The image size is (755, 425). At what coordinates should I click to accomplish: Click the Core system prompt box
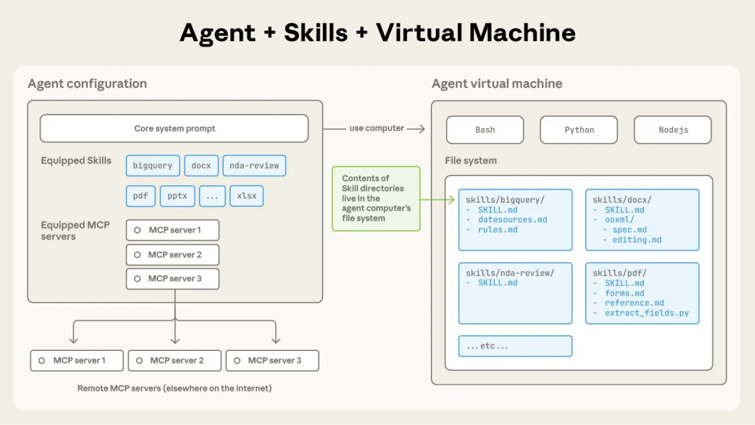(x=174, y=129)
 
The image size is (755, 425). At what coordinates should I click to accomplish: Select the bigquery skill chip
(x=152, y=166)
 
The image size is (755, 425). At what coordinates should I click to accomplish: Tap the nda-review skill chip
(x=254, y=166)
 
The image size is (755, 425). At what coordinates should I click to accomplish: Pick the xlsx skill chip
(x=246, y=196)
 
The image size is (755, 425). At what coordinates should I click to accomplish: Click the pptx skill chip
(x=177, y=196)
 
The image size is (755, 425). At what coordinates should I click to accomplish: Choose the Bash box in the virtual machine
(x=484, y=130)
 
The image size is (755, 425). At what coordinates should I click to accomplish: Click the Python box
(x=579, y=130)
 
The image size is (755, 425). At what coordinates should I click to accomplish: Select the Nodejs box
(x=673, y=130)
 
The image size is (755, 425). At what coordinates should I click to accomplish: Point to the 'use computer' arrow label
(x=377, y=129)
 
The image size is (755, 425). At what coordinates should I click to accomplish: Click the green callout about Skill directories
(x=376, y=199)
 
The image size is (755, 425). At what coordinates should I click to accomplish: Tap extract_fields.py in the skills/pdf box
(x=647, y=313)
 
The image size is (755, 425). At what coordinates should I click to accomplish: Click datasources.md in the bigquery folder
(x=512, y=219)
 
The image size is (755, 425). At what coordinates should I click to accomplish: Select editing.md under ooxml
(x=637, y=240)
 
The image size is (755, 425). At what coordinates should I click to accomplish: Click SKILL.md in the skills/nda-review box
(x=498, y=283)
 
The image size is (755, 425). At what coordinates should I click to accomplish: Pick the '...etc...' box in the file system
(x=515, y=346)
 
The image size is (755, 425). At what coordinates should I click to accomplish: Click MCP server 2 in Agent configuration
(x=173, y=254)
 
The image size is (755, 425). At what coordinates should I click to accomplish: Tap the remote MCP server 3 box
(x=273, y=361)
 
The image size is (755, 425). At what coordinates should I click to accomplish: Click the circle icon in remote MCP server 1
(x=42, y=361)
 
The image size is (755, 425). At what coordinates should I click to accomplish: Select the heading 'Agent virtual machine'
(x=496, y=84)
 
